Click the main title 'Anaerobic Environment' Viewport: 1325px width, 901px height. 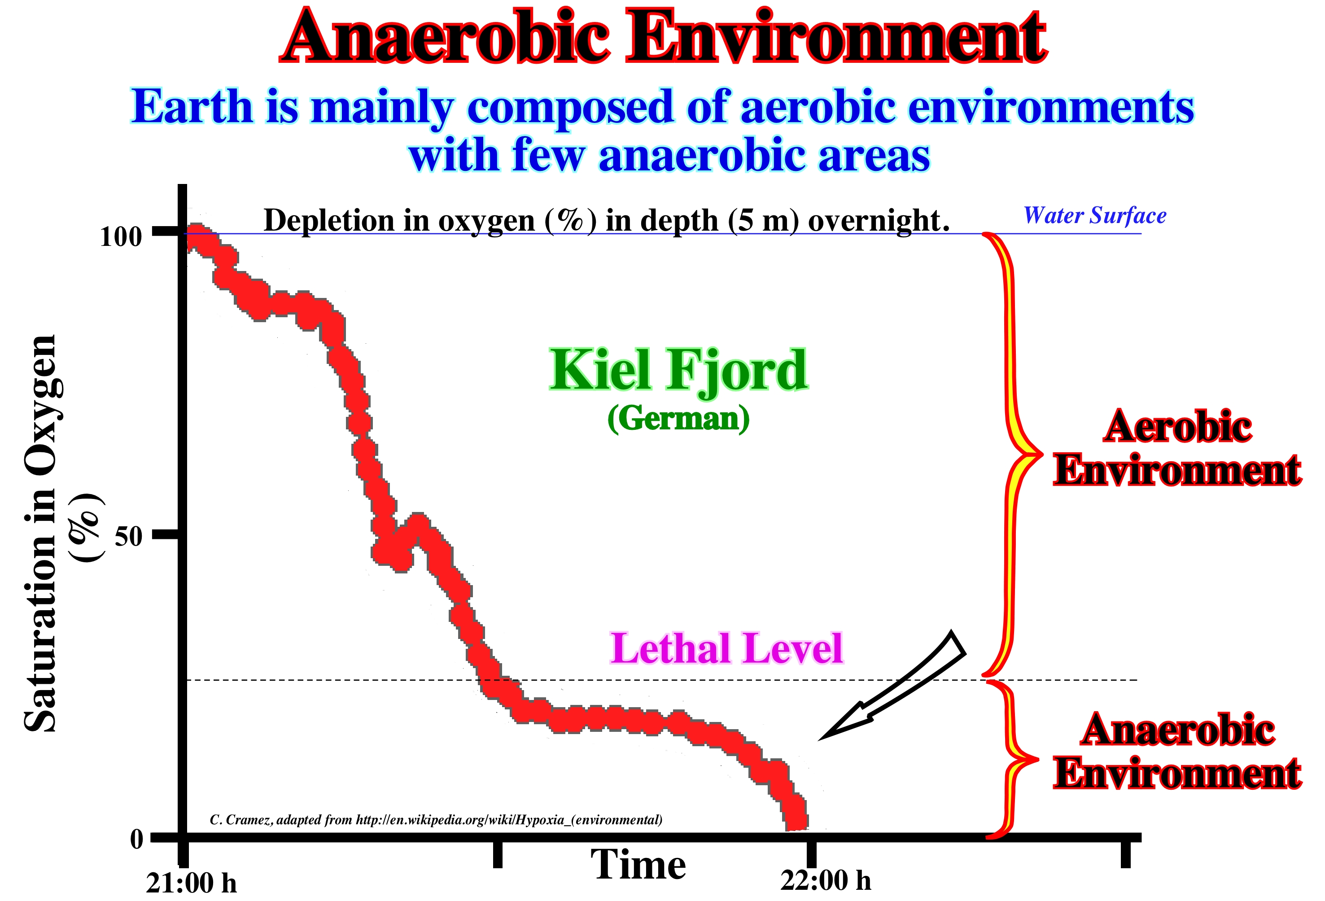(662, 38)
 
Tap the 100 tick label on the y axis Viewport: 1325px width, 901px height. (121, 236)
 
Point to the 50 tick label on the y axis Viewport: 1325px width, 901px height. (128, 536)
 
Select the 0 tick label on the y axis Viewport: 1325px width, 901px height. (137, 839)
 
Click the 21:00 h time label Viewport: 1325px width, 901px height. (191, 883)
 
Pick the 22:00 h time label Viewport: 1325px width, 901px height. (825, 880)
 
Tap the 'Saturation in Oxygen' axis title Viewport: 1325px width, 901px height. (41, 533)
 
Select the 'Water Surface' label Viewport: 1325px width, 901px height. (1094, 215)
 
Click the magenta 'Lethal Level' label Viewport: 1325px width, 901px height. (726, 649)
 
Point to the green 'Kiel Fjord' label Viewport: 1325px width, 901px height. (678, 371)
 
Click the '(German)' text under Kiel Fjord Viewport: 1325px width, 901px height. (678, 419)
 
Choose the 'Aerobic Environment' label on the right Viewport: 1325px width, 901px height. (1177, 448)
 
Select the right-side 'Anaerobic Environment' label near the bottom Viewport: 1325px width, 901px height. (1177, 751)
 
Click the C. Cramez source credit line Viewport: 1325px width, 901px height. (436, 819)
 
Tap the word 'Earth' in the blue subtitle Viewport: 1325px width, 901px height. (192, 107)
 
